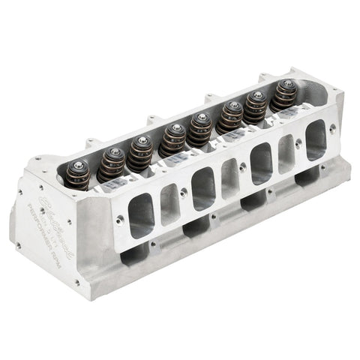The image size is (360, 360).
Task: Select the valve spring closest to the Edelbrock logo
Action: point(78,175)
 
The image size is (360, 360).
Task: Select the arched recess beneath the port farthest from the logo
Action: point(307,179)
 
